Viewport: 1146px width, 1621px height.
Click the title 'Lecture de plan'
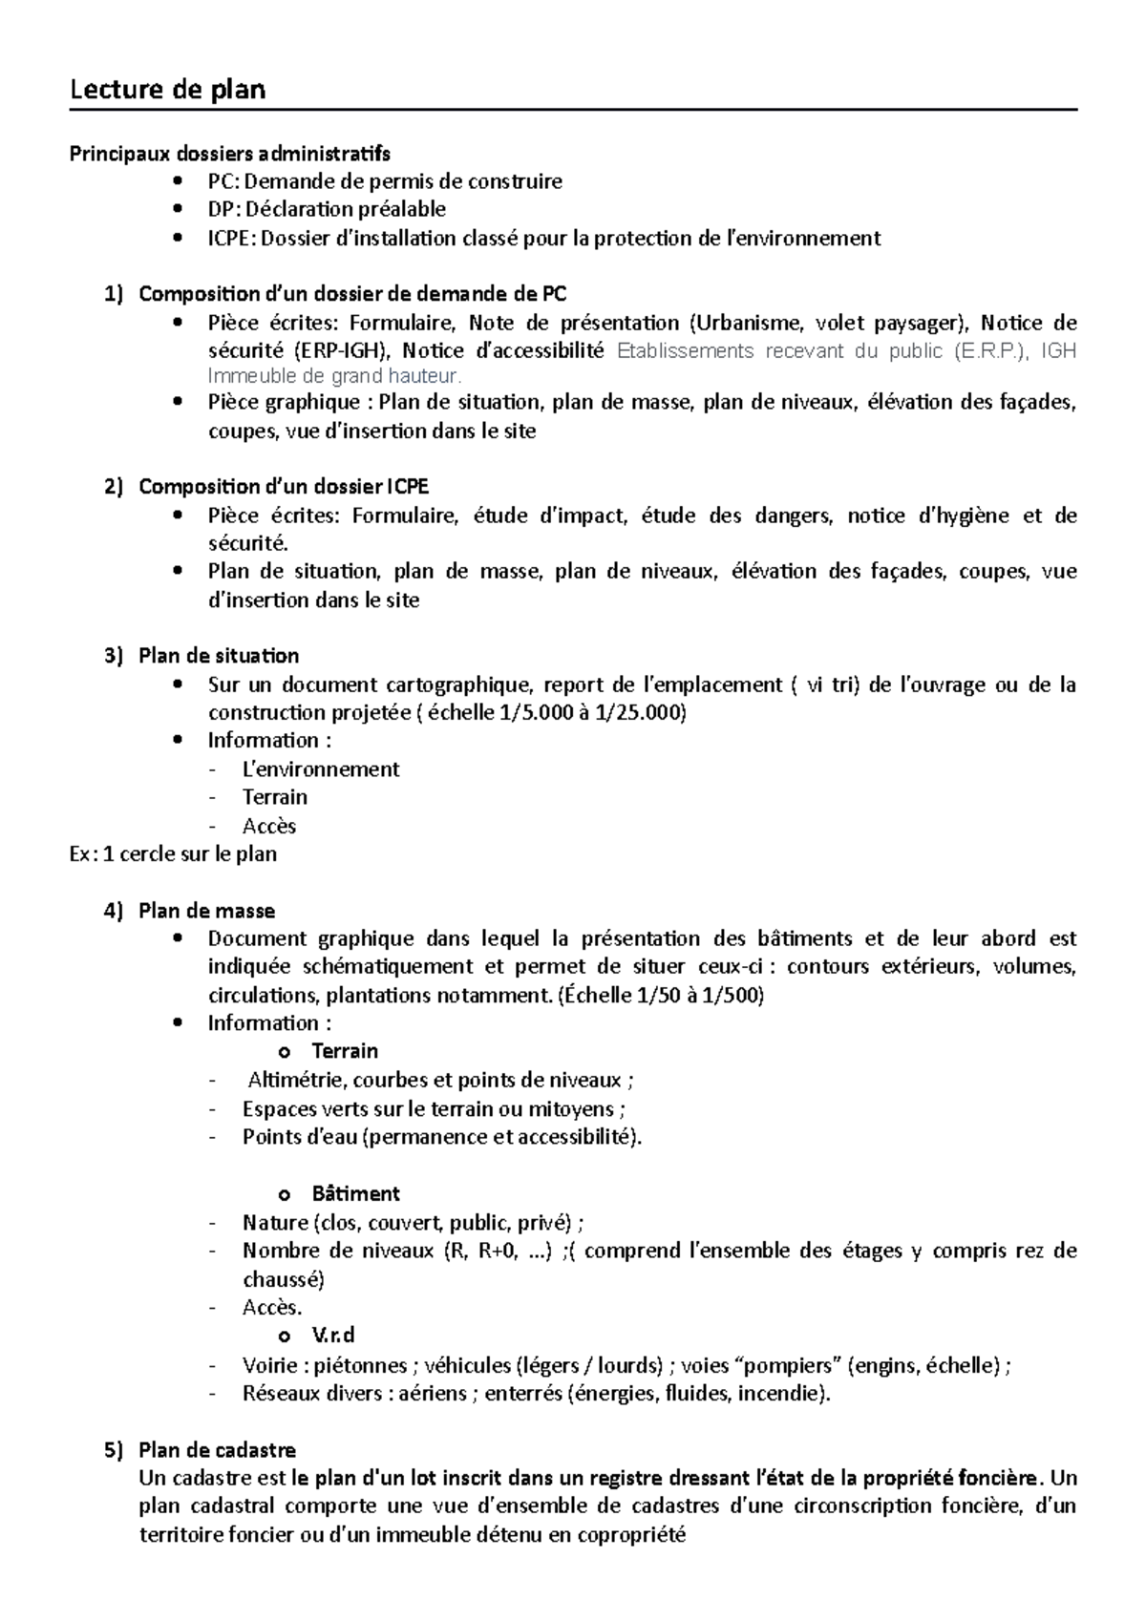pyautogui.click(x=168, y=90)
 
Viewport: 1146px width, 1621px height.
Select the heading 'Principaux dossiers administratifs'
pyautogui.click(x=229, y=154)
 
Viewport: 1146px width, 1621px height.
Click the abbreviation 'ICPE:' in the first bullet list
pyautogui.click(x=232, y=238)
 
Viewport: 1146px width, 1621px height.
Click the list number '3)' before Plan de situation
pyautogui.click(x=115, y=656)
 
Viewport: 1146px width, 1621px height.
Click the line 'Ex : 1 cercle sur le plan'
pyautogui.click(x=173, y=853)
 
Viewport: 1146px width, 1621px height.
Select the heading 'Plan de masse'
pyautogui.click(x=206, y=911)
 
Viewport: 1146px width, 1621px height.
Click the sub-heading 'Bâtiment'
pyautogui.click(x=355, y=1194)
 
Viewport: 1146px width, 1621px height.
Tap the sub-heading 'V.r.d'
pyautogui.click(x=333, y=1336)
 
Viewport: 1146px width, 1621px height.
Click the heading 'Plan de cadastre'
pyautogui.click(x=217, y=1450)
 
